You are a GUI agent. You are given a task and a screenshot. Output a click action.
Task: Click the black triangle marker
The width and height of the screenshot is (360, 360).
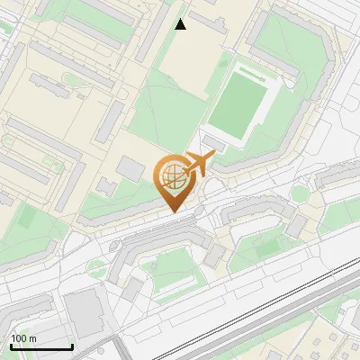point(181,24)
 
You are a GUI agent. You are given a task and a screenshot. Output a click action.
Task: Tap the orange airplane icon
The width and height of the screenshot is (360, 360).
point(200,164)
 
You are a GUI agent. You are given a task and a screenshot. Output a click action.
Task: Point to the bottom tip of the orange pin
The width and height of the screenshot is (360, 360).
point(172,211)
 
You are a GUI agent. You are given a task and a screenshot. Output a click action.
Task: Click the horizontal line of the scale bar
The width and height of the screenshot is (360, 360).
point(41,346)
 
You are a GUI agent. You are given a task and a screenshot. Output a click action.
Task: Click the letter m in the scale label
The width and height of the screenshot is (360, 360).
point(32,338)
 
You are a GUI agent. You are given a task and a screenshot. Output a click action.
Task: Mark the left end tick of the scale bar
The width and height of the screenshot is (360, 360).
point(11,345)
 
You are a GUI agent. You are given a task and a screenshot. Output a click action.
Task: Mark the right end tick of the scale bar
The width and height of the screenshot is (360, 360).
point(72,345)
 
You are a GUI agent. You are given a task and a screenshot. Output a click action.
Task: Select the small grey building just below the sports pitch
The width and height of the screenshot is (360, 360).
point(214,142)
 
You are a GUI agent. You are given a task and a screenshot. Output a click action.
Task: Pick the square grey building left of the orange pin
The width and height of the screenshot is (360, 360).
point(131,169)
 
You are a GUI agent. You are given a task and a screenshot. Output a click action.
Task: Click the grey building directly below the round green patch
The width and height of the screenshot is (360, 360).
point(295,225)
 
